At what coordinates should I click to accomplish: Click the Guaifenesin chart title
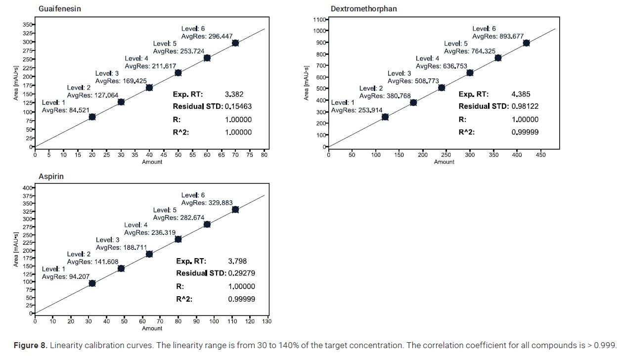point(60,9)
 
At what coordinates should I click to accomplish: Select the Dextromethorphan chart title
point(363,9)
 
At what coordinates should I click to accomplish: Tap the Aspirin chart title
point(51,177)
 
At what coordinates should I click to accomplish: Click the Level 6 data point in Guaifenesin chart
point(235,43)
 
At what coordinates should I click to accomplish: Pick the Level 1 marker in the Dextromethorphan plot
point(385,117)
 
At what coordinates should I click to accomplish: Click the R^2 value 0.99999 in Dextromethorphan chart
point(525,132)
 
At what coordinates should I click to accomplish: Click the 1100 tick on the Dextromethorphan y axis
point(319,20)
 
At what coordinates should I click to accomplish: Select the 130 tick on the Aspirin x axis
point(267,321)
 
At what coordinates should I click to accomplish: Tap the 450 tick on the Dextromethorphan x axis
point(540,155)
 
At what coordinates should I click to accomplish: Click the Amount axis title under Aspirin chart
point(152,328)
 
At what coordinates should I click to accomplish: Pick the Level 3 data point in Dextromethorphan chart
point(442,88)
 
